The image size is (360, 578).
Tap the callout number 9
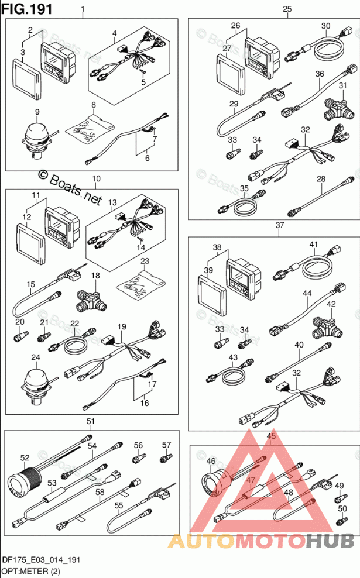tap(37, 112)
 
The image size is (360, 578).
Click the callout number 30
tap(325, 26)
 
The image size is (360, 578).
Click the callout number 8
tap(93, 105)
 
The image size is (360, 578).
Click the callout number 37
tap(280, 225)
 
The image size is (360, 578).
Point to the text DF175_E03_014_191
tap(40, 560)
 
